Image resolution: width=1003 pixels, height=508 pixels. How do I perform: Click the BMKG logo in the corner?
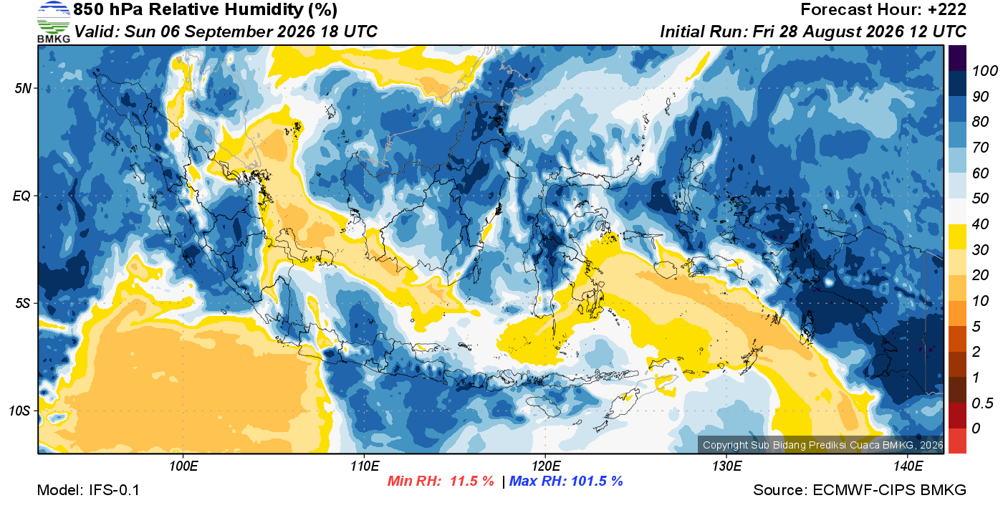tap(54, 22)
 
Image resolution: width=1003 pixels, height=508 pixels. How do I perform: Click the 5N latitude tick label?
tap(23, 88)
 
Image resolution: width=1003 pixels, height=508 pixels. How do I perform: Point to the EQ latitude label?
tap(21, 196)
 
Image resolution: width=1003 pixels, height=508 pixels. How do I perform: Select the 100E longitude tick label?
tap(183, 466)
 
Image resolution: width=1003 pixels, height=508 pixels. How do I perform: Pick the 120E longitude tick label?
tap(546, 466)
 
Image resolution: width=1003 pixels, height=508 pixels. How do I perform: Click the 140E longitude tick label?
tap(908, 466)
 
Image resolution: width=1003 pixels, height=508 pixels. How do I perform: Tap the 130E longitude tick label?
tap(726, 466)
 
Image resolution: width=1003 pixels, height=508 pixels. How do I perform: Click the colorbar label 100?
tap(984, 71)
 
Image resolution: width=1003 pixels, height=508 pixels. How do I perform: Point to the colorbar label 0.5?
tap(982, 403)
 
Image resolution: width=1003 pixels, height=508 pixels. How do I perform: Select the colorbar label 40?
tap(980, 224)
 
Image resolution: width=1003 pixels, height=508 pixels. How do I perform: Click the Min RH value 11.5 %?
tap(472, 481)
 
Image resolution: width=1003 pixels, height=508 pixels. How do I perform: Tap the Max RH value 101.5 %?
tap(597, 481)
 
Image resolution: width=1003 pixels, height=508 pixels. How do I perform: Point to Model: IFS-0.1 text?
tap(88, 490)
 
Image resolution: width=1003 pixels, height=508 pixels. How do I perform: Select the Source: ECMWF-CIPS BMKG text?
tap(860, 490)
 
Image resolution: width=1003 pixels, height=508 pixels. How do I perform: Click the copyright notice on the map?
tap(823, 445)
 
